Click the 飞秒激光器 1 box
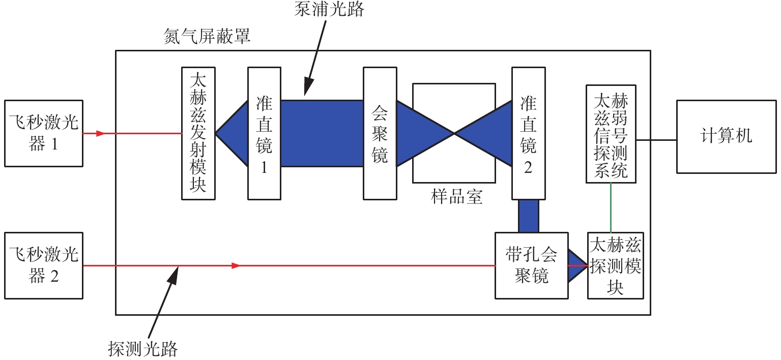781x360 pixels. (43, 133)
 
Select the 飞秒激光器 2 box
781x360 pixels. (43, 265)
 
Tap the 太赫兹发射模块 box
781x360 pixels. (198, 133)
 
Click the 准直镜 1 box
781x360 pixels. (264, 133)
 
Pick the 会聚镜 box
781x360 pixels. (380, 133)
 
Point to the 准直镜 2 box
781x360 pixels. (528, 133)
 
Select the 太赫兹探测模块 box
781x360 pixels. (615, 265)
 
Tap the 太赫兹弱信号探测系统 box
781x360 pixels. (611, 133)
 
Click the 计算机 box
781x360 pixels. (726, 136)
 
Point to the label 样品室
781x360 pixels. (456, 197)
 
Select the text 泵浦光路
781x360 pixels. (329, 9)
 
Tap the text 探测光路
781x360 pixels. (143, 349)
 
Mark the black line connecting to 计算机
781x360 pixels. (656, 139)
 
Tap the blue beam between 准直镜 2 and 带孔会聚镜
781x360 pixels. (528, 216)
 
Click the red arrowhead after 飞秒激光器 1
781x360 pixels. (100, 134)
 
